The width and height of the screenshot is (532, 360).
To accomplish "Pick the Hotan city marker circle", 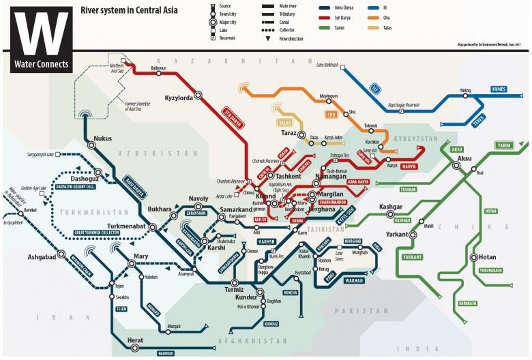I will pyautogui.click(x=473, y=258).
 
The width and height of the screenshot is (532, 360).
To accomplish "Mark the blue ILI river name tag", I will pyautogui.click(x=374, y=88).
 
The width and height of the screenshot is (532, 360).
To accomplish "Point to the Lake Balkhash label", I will pyautogui.click(x=329, y=65).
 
